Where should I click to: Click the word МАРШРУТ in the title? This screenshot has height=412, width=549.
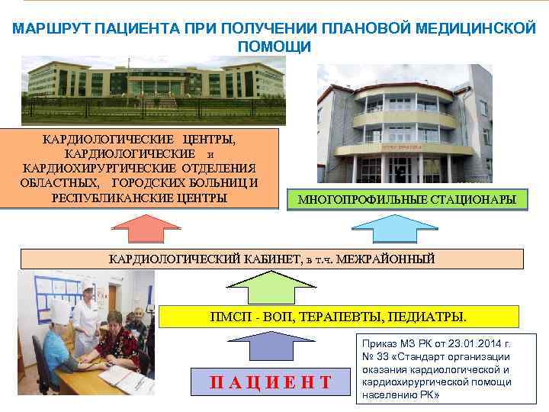coord(50,29)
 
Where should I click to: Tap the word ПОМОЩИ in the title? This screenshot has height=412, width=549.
coord(274,47)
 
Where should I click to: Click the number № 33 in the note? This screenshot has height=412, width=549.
coord(374,356)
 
